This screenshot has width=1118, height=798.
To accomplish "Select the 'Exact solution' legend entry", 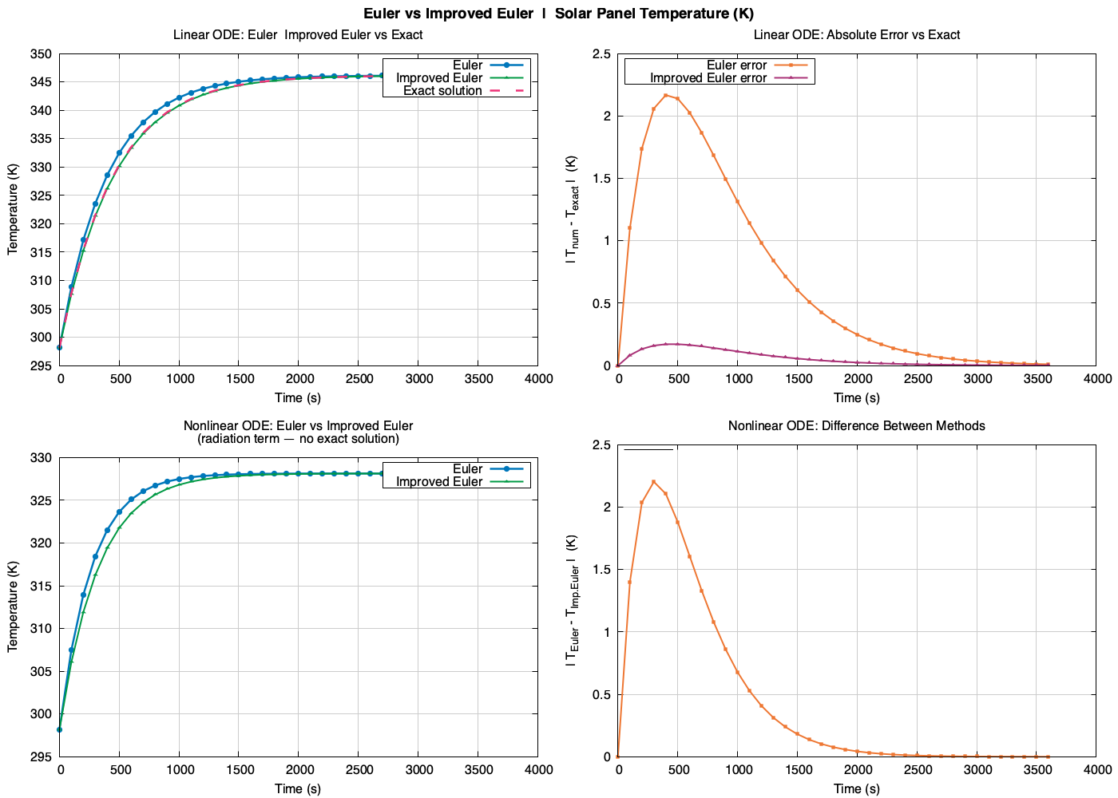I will coord(442,91).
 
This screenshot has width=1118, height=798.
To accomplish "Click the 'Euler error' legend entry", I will coord(736,65).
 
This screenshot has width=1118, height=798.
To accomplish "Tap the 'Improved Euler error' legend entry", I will coord(708,78).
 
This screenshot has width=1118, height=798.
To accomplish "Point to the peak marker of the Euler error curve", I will coord(665,96).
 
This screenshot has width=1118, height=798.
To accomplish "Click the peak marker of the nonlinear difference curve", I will coord(653,482).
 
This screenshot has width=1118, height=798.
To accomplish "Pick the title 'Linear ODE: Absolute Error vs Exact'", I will coord(856,35).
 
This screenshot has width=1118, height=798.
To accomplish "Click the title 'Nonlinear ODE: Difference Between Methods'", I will coord(856,426).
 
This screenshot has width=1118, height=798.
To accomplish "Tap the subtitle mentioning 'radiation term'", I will coord(298,439).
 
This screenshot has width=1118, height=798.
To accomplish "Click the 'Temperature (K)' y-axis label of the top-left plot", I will coord(13,209).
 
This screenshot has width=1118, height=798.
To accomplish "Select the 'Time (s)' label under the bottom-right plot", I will coord(856,788).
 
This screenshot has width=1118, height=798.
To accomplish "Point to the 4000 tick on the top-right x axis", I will coord(1096,378).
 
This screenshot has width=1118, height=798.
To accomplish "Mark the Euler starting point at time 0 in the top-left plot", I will coord(59,347).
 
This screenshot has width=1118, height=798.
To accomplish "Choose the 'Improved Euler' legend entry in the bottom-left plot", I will coord(439,482).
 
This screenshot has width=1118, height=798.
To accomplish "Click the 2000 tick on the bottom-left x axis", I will coord(299,769).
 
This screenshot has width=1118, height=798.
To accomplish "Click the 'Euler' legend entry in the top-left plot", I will coord(467,65).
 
